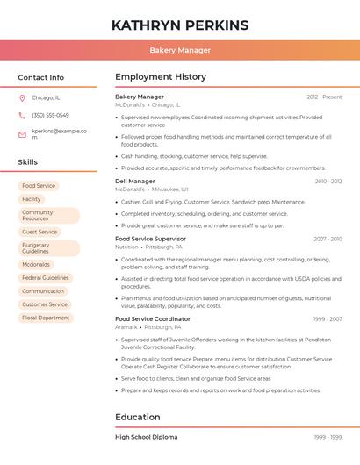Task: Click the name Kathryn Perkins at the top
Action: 180,25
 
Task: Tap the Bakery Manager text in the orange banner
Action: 180,50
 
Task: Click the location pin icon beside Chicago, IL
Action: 22,97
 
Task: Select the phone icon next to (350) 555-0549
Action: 22,116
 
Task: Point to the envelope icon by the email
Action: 22,134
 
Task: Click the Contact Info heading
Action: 40,77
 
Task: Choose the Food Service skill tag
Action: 39,186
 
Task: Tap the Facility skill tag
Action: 32,199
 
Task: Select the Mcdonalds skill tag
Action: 36,264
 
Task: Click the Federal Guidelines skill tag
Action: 45,277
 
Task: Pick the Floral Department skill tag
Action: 46,318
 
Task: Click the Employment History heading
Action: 160,77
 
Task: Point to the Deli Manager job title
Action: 135,182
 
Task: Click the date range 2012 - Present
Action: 324,97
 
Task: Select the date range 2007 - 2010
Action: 327,239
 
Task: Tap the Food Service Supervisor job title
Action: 150,239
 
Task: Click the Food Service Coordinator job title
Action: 152,319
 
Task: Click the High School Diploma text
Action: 146,437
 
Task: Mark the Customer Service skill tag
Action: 45,304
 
